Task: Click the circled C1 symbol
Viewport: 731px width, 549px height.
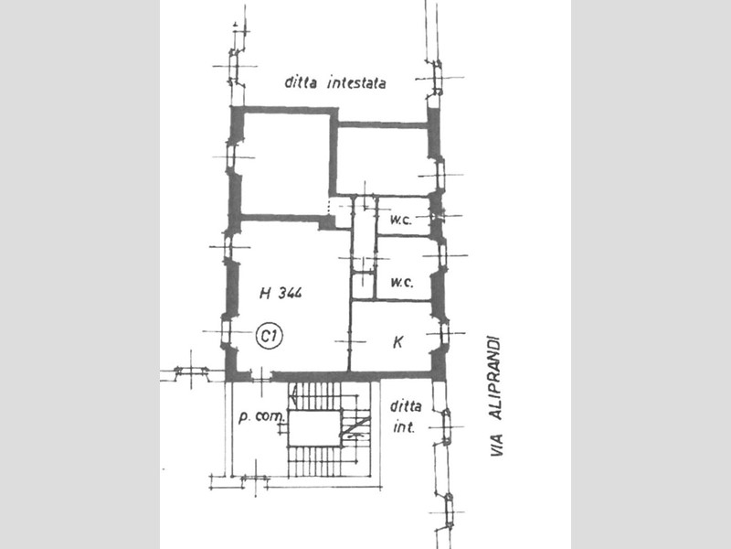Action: [270, 336]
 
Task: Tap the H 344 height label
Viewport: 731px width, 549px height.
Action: [281, 293]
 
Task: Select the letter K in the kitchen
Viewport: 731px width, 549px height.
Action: [397, 342]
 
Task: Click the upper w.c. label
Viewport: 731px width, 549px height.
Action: [401, 220]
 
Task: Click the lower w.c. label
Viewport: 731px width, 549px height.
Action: [402, 283]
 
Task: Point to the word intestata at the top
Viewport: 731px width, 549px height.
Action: [356, 83]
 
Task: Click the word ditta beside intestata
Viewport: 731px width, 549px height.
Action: [301, 83]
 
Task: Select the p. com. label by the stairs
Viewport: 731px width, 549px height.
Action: [261, 416]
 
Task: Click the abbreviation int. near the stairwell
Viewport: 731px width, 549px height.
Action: [404, 427]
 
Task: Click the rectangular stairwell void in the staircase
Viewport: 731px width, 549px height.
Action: [314, 428]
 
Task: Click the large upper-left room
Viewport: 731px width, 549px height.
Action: [286, 165]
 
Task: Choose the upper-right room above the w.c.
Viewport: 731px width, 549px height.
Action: [382, 161]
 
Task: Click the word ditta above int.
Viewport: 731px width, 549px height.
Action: [406, 406]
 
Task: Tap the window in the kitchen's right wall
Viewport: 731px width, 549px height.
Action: [443, 334]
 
